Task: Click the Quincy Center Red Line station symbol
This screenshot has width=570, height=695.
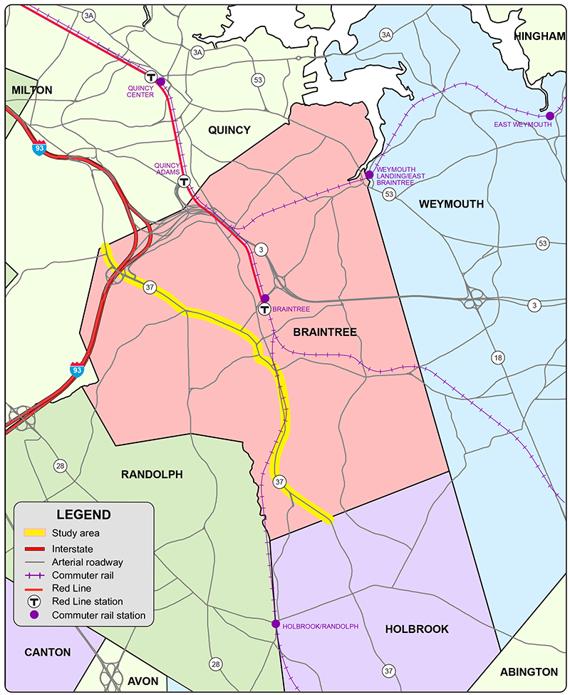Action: [151, 76]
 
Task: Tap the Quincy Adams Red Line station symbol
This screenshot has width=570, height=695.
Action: [183, 181]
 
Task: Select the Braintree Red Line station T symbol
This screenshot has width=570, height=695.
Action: [264, 310]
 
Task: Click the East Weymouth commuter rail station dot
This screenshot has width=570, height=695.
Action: [550, 116]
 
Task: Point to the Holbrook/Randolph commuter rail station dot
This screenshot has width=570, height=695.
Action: [276, 624]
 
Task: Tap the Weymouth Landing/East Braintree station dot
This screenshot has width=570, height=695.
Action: [370, 174]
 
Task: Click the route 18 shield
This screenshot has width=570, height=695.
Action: [497, 357]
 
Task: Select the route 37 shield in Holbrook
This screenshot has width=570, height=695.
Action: [388, 671]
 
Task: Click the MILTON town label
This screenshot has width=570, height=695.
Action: [31, 90]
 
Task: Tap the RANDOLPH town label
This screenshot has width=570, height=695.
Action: [152, 475]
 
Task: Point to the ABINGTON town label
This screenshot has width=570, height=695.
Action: [529, 671]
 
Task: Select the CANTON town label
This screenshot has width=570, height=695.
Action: [47, 652]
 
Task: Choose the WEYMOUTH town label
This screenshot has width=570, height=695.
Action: [451, 204]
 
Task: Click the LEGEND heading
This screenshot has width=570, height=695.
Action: [84, 514]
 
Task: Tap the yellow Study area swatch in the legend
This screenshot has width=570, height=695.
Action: [35, 532]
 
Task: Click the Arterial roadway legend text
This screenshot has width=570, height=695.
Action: [88, 562]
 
